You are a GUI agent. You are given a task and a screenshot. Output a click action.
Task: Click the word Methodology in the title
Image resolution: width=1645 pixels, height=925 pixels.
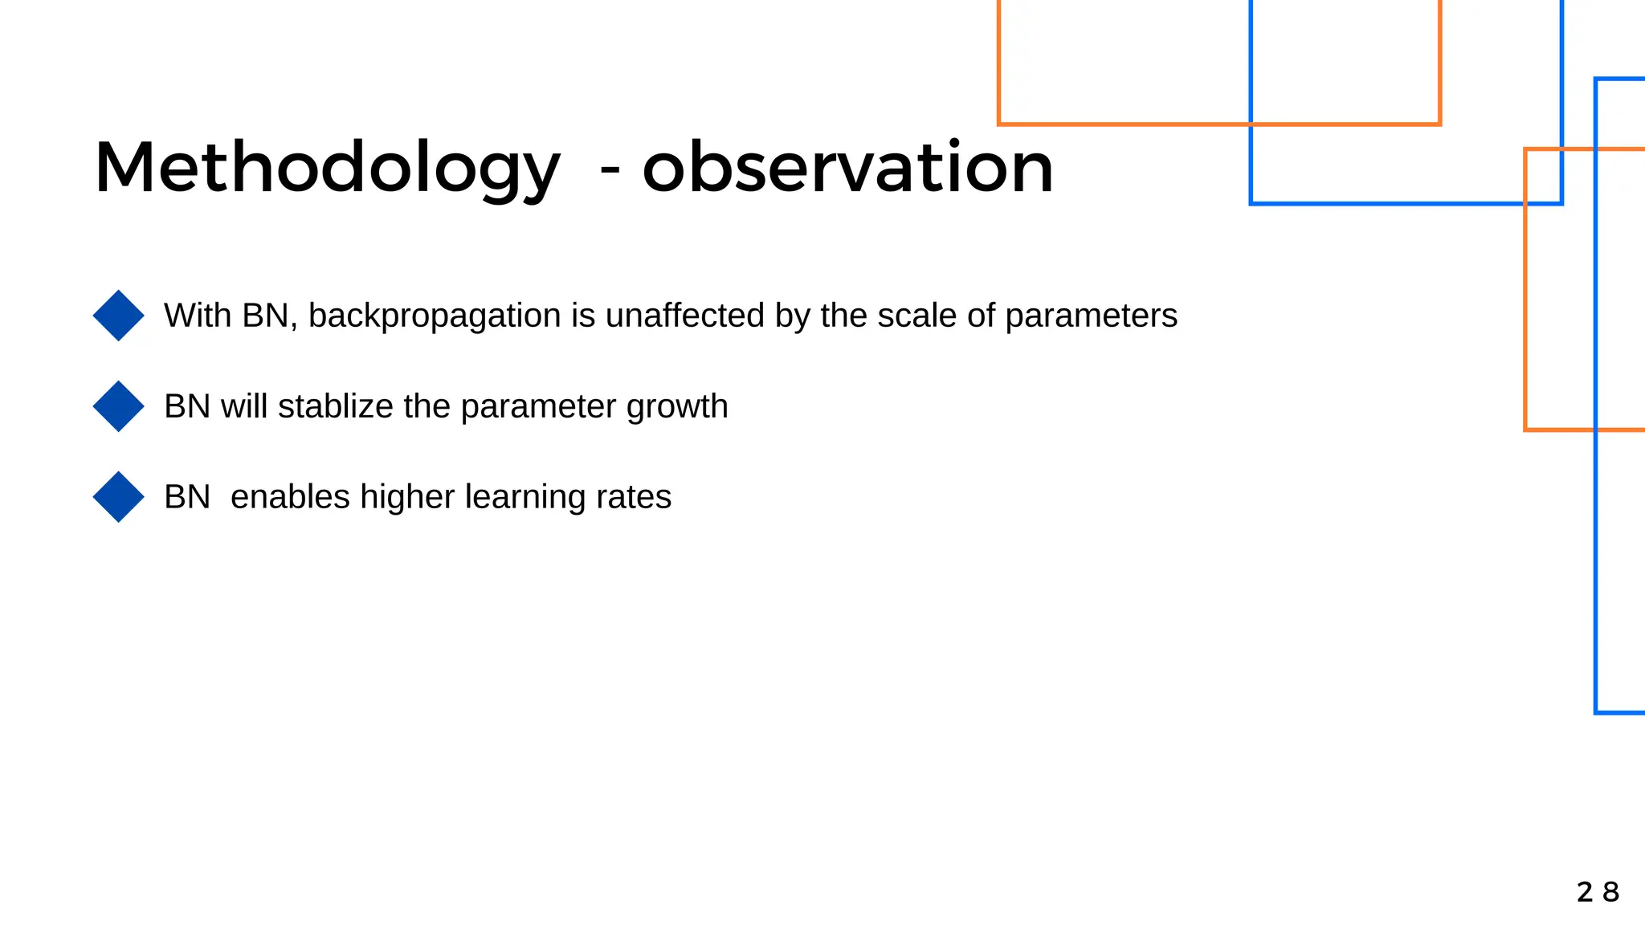tap(326, 169)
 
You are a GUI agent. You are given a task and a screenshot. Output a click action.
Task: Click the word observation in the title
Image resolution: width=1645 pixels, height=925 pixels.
tap(847, 169)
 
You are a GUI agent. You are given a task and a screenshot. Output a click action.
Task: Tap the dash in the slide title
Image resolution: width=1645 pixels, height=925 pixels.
tap(610, 171)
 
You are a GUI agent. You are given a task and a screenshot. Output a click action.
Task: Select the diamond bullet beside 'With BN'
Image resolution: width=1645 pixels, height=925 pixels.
tap(118, 316)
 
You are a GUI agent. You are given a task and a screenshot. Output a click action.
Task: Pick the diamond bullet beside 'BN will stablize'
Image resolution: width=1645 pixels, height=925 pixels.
tap(118, 406)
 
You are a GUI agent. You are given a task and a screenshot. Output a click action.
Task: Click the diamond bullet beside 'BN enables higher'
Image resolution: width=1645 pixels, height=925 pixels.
tap(118, 497)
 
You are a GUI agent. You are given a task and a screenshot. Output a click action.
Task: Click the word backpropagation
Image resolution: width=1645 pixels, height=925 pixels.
tap(434, 316)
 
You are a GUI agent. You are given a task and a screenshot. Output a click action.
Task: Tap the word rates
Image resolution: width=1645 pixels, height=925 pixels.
tap(634, 497)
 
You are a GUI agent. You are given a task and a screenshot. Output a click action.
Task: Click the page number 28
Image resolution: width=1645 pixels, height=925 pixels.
tap(1598, 892)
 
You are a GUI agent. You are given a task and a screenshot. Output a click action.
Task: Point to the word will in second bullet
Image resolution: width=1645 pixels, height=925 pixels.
tap(244, 406)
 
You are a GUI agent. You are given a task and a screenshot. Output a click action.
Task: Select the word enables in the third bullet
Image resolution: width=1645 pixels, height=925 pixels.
tap(290, 497)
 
